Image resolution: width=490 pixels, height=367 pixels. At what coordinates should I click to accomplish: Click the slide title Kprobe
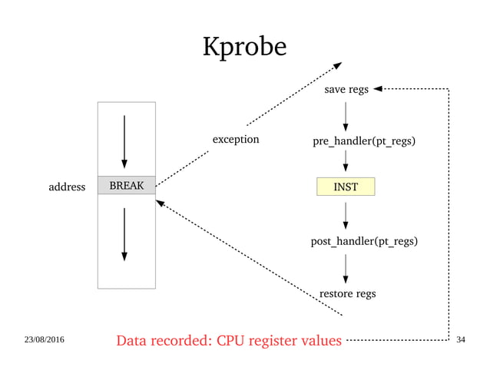[x=244, y=48]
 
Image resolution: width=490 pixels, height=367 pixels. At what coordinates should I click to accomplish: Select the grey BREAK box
[x=127, y=185]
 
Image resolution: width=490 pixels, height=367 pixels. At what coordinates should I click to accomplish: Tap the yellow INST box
[x=346, y=186]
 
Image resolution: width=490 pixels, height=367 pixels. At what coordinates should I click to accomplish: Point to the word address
[x=67, y=186]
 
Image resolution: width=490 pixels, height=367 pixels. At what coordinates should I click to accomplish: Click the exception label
[x=236, y=140]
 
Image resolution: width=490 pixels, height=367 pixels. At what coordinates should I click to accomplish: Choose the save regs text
[x=346, y=90]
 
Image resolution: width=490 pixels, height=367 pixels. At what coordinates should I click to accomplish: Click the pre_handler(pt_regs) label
[x=365, y=141]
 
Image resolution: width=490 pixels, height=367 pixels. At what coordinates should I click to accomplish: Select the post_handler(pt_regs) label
[x=364, y=242]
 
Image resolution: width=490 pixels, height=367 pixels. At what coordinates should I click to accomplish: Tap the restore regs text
[x=347, y=293]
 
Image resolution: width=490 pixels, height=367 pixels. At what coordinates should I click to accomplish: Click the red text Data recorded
[x=228, y=340]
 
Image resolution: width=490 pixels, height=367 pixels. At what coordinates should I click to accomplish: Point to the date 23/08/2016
[x=45, y=339]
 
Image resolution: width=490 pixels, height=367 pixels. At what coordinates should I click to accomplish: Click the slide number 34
[x=462, y=339]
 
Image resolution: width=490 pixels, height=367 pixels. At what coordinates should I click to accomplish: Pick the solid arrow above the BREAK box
[x=124, y=142]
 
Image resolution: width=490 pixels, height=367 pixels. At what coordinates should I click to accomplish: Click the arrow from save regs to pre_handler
[x=346, y=116]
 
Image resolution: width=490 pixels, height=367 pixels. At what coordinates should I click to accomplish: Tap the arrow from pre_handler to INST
[x=346, y=161]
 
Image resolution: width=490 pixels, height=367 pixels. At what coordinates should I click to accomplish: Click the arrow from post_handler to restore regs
[x=346, y=268]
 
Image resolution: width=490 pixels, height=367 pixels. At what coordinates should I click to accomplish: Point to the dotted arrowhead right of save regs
[x=379, y=89]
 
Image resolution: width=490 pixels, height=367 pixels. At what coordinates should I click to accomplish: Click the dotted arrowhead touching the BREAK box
[x=160, y=204]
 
